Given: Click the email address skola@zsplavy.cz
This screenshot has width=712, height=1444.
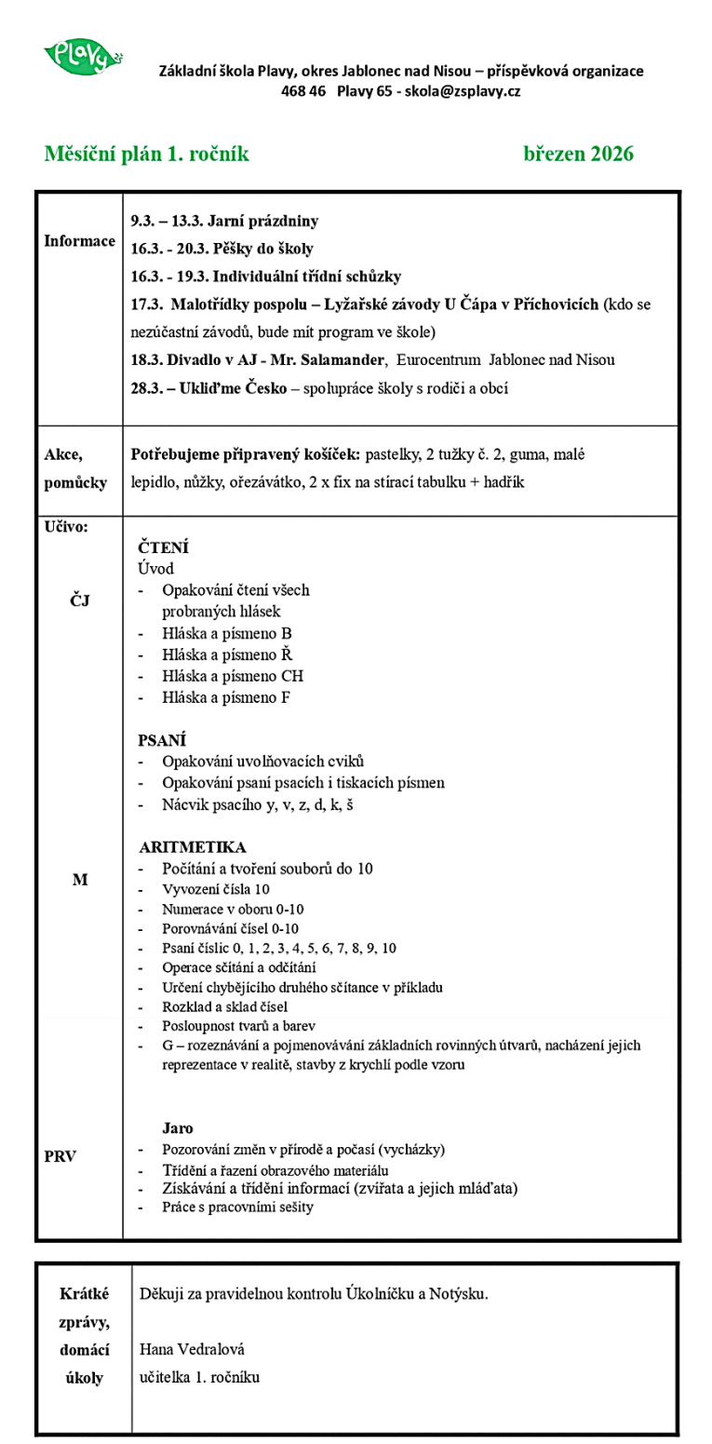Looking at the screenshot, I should click(462, 91).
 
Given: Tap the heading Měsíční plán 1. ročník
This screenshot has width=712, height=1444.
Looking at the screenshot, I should click(146, 155).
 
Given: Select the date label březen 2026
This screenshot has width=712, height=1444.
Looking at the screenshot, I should click(578, 155).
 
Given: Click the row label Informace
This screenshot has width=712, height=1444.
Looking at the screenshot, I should click(79, 241).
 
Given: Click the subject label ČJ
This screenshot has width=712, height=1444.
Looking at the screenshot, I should click(80, 599).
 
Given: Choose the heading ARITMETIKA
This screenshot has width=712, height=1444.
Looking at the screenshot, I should click(193, 847).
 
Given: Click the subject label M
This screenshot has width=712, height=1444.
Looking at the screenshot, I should click(80, 879).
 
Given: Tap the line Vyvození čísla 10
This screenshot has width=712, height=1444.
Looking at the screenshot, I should click(216, 889).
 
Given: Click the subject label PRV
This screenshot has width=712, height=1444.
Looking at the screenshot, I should click(60, 1156).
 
